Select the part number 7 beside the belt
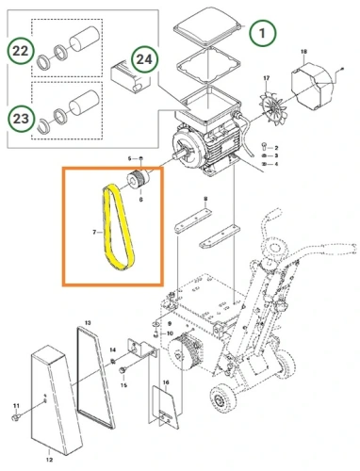pos(94,229)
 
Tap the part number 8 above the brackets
pos(205,198)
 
